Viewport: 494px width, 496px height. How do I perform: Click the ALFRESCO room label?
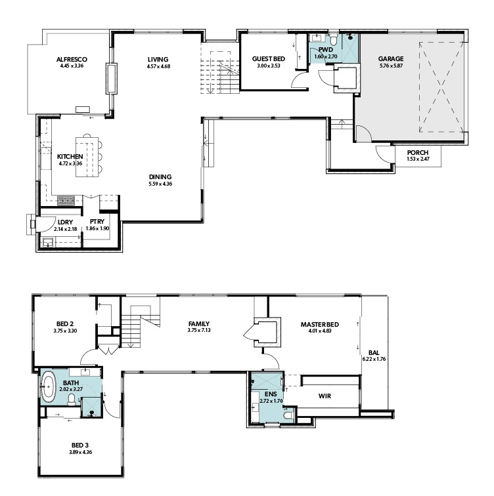click(72, 60)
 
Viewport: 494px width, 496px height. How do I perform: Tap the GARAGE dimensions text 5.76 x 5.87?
click(391, 66)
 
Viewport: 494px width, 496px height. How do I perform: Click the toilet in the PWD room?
click(333, 39)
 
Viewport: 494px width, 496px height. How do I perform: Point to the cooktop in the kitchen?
click(66, 201)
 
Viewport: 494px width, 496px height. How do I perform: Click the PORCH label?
click(418, 153)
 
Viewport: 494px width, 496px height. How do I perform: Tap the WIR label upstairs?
click(325, 396)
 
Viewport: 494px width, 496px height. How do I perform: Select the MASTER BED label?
click(319, 325)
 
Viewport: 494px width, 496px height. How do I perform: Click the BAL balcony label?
click(374, 353)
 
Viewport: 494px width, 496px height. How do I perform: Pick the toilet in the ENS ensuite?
click(288, 415)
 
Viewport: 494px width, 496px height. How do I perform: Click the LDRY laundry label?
click(65, 222)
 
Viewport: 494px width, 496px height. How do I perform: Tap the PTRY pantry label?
click(97, 222)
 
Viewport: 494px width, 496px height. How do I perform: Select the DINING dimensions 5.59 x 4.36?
click(160, 184)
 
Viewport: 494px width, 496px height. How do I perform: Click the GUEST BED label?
click(268, 59)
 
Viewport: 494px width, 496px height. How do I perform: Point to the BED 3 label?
click(79, 445)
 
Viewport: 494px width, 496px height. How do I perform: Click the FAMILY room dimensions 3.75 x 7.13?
click(199, 330)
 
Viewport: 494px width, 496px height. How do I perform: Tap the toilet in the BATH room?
click(72, 400)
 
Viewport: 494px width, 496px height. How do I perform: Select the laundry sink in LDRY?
click(49, 243)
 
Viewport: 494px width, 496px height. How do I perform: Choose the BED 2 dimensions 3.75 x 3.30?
click(65, 331)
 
